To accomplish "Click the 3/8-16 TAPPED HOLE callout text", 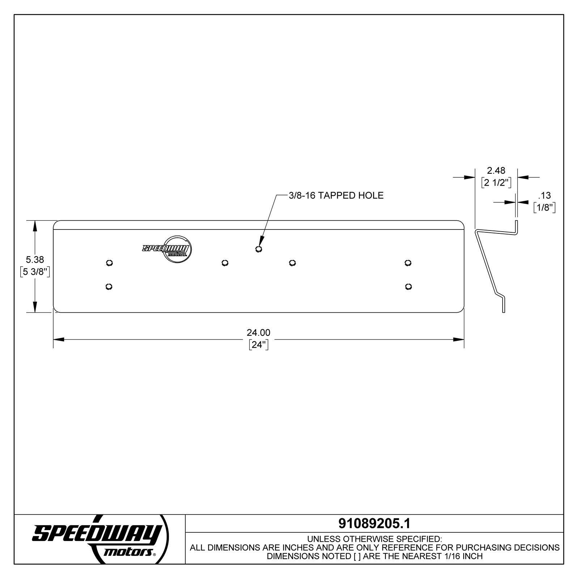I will point(336,195).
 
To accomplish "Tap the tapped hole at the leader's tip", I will point(258,249).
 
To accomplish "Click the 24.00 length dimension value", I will point(258,332).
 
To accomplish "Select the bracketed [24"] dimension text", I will point(259,345).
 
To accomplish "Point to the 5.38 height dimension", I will point(35,259).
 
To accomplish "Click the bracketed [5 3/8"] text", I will point(35,272).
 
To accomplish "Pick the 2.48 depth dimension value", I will point(496,170).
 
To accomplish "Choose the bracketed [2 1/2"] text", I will point(496,182).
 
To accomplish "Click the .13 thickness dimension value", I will point(544,195).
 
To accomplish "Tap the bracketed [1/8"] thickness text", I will point(545,207).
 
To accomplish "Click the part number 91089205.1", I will point(374,523).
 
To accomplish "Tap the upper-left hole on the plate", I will point(109,263).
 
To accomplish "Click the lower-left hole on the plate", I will point(108,287).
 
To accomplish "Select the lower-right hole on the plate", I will point(408,287).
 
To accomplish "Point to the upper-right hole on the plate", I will point(408,263).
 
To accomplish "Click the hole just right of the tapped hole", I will point(292,263).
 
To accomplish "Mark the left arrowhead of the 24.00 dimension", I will point(59,339).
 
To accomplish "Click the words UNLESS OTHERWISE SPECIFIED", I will point(374,539).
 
